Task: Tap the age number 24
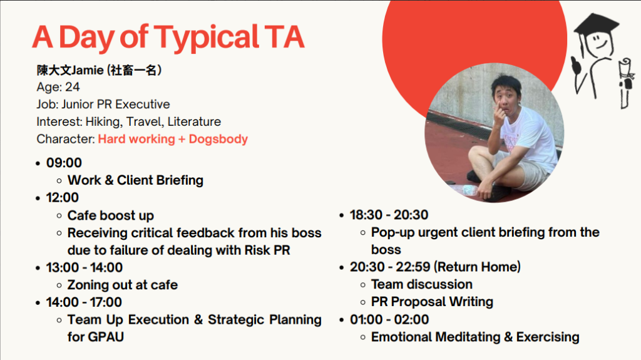click(73, 87)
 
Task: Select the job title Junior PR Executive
click(116, 105)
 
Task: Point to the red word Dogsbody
click(218, 140)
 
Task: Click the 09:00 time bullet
click(64, 163)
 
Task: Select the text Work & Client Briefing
click(135, 180)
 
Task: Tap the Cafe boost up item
click(111, 215)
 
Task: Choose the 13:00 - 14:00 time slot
click(85, 267)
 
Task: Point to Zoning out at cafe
click(123, 285)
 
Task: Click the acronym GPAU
click(105, 337)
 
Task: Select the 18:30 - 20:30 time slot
click(389, 215)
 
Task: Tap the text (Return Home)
click(477, 267)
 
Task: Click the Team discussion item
click(422, 284)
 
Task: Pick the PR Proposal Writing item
click(432, 302)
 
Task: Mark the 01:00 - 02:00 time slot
click(389, 319)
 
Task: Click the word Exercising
click(548, 337)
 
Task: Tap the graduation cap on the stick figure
click(597, 26)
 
